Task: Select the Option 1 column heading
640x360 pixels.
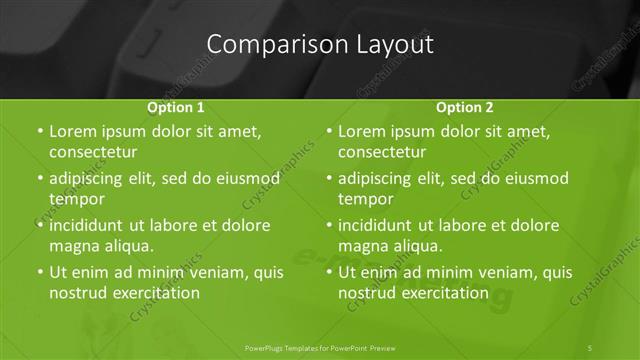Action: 176,107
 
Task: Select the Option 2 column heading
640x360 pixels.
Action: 465,107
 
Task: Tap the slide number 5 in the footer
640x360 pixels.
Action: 591,347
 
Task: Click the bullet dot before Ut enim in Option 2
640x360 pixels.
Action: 329,272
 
